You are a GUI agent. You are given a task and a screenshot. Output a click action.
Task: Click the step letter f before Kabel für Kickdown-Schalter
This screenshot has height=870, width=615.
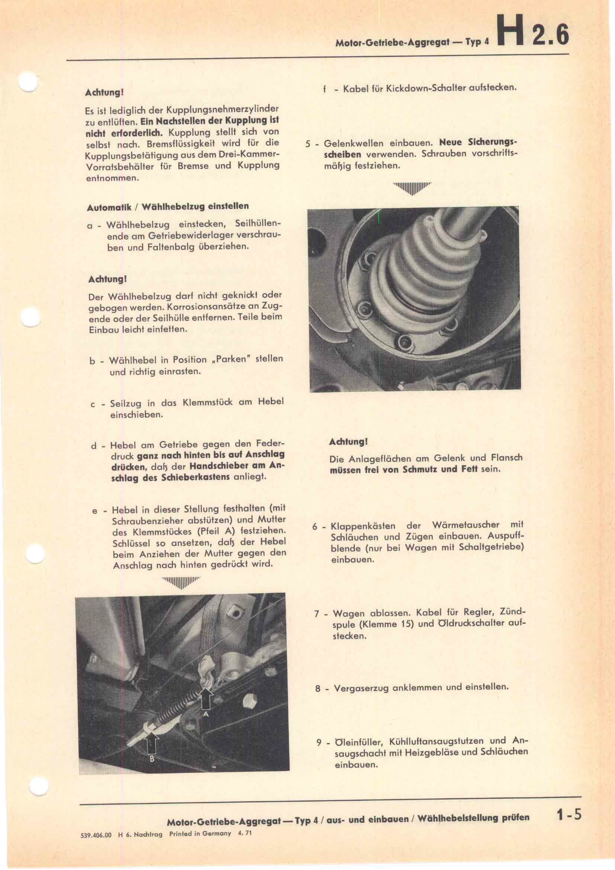pos(324,90)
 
